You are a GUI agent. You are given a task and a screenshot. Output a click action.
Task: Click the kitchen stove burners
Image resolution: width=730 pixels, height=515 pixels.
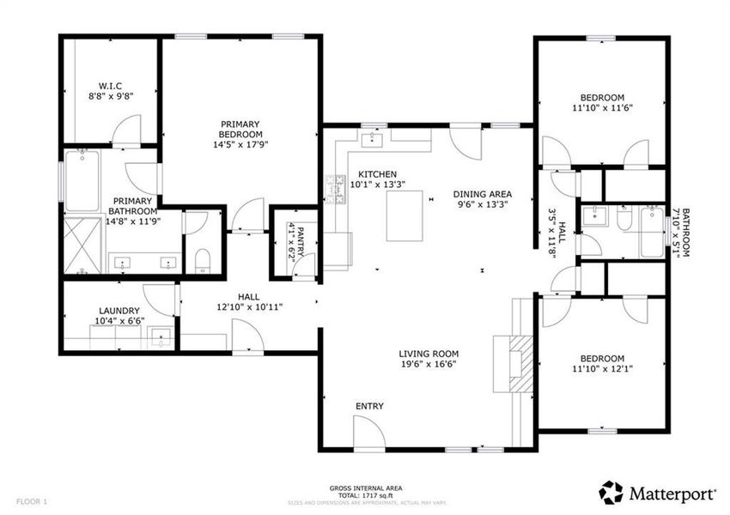point(333,191)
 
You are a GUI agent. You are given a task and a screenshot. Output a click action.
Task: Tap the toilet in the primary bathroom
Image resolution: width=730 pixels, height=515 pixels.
point(202,259)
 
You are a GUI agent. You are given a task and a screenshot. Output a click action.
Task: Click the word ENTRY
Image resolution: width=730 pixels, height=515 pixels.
point(369,406)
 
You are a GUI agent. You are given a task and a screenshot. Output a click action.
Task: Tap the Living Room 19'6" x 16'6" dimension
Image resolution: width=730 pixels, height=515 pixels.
point(429,364)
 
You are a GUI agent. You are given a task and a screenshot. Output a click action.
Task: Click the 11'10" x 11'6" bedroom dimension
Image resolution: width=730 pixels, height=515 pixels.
point(601,108)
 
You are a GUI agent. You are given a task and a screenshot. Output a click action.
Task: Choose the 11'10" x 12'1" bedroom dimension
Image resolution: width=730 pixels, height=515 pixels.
point(601,369)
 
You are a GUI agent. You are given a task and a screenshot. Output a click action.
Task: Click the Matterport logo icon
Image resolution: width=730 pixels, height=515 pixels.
point(611,493)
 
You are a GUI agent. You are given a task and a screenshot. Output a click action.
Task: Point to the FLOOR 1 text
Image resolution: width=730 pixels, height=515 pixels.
point(33,500)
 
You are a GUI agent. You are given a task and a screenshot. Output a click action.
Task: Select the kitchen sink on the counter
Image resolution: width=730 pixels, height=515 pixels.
point(375,136)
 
